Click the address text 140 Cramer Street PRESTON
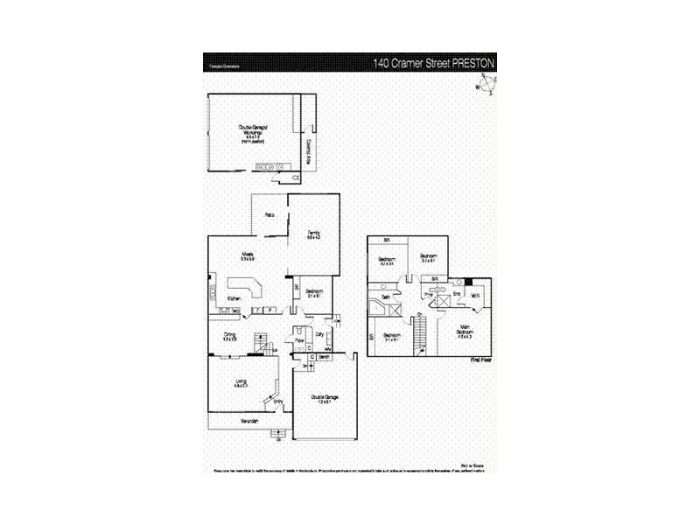(434, 63)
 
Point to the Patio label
(270, 214)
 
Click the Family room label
(313, 234)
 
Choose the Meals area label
(248, 255)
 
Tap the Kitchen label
(234, 299)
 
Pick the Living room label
(241, 381)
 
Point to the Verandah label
(250, 421)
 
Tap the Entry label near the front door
(278, 402)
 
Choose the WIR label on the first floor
(475, 296)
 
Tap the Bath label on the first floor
(385, 297)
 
